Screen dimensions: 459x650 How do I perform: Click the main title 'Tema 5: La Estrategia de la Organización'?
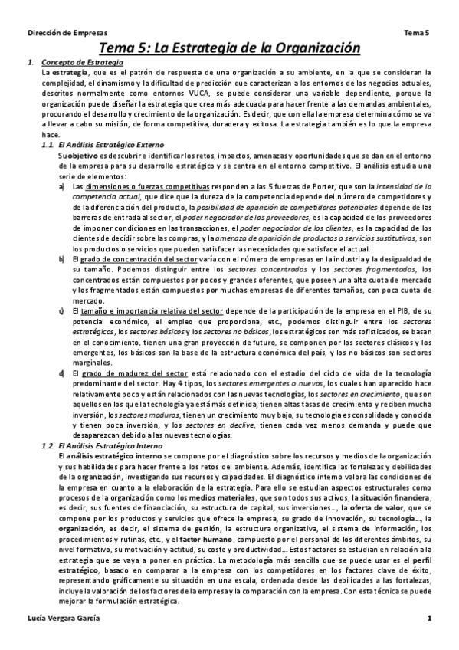point(229,48)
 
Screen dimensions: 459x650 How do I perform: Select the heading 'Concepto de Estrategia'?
point(80,61)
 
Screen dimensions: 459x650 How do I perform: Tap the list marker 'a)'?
point(62,186)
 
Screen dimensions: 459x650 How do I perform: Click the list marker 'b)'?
point(62,259)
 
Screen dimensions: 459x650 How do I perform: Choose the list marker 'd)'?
point(62,373)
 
